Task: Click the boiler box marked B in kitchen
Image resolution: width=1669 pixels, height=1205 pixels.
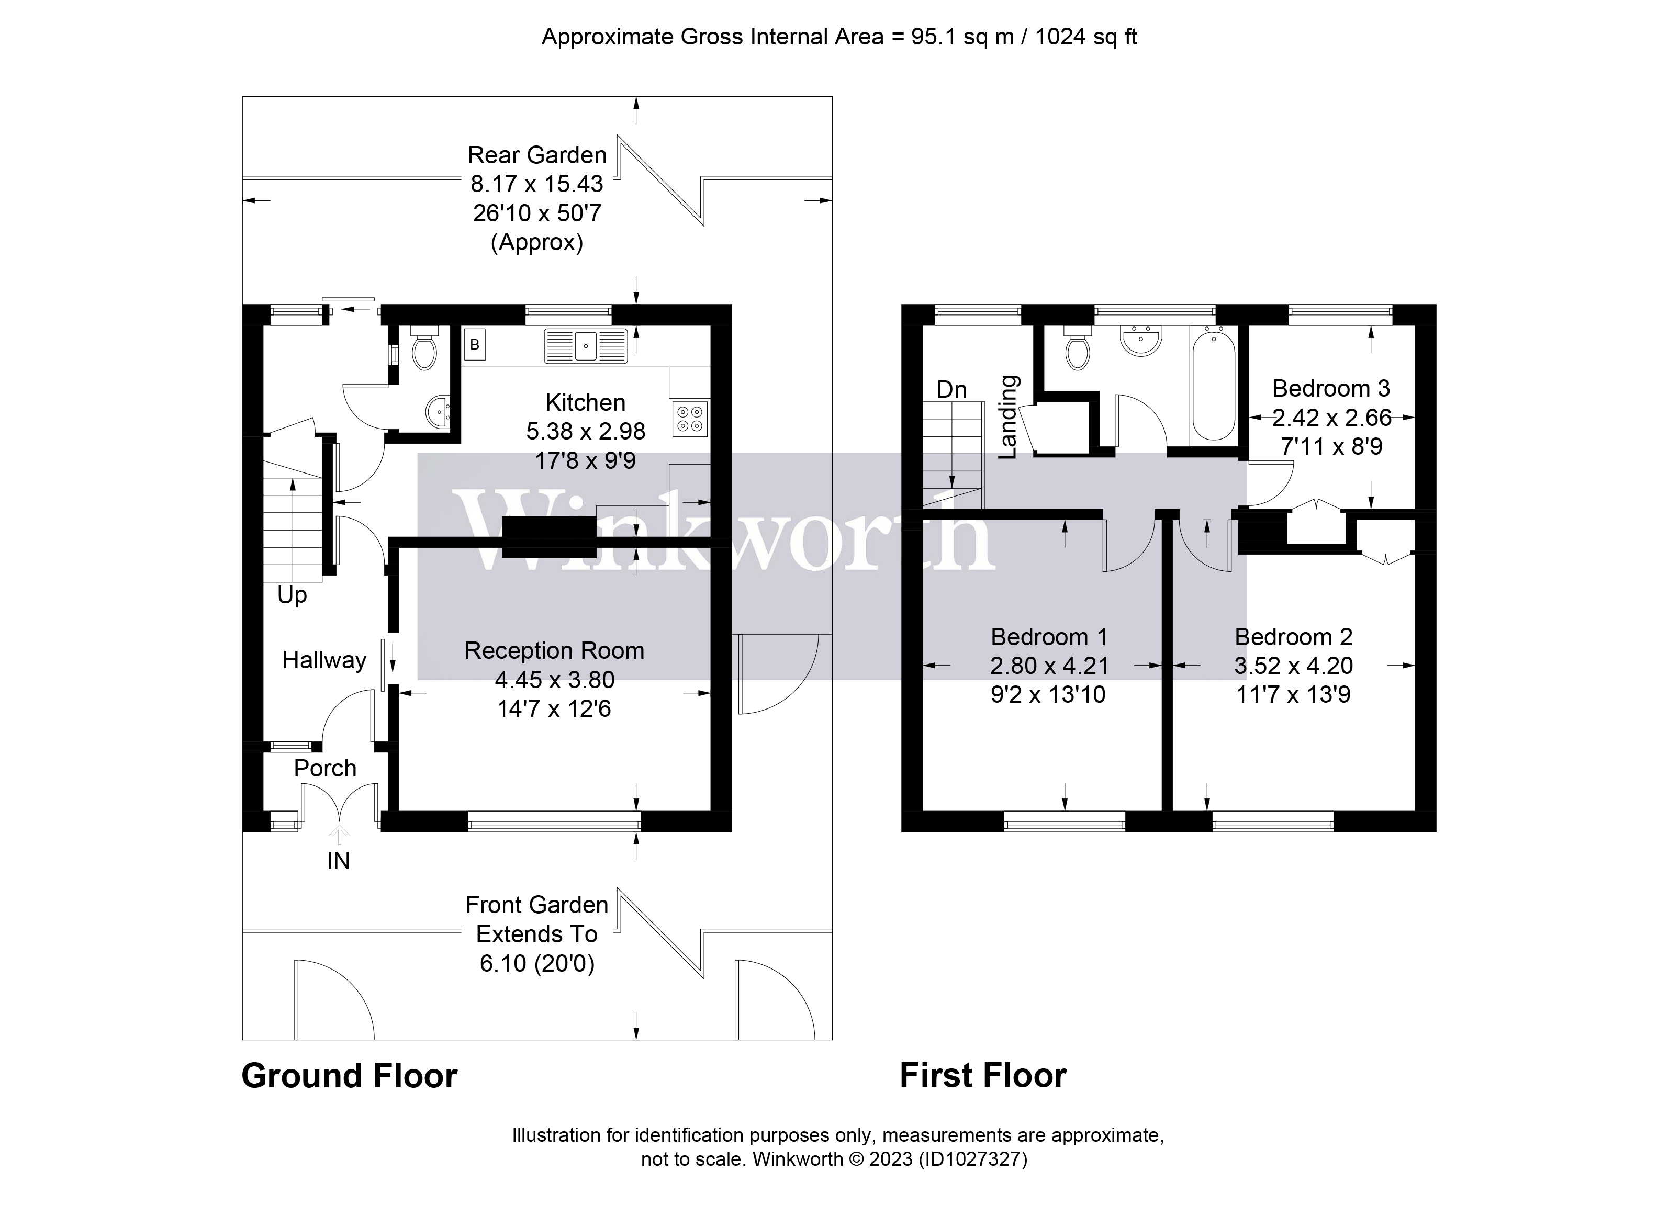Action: tap(475, 344)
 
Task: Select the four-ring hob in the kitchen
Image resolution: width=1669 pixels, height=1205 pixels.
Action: tap(690, 419)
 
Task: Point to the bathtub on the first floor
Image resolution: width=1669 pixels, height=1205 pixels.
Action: tap(1214, 386)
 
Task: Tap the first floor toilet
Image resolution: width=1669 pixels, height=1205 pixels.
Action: tap(1078, 350)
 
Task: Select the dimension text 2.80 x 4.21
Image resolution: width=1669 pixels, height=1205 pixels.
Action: tap(1049, 665)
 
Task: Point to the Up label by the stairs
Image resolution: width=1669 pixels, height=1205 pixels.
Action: tap(292, 594)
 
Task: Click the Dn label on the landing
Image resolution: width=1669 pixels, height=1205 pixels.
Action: tap(951, 389)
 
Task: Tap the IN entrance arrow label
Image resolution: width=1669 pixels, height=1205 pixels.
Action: tap(339, 860)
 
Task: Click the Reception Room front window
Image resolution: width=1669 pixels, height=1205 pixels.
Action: tap(554, 821)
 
